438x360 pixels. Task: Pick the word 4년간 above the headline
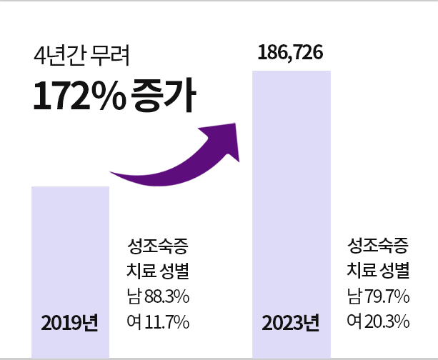click(57, 54)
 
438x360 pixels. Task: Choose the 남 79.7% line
click(378, 296)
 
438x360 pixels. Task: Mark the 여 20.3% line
click(378, 322)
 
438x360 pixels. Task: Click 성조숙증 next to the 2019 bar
click(157, 247)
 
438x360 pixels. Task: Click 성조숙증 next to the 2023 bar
click(378, 247)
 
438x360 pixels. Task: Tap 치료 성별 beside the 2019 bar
click(157, 272)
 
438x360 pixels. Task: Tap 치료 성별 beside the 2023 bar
click(378, 271)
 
